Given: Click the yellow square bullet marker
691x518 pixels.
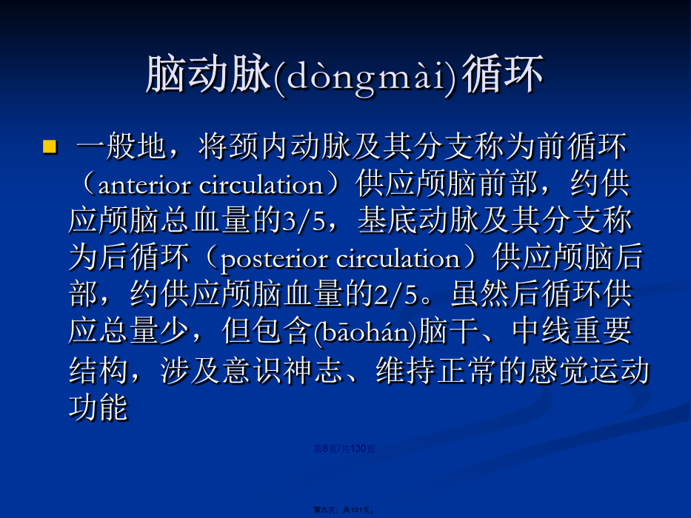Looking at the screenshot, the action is [x=50, y=147].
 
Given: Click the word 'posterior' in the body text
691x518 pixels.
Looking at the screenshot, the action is [x=274, y=260].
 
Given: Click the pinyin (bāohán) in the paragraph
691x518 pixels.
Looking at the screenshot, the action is [x=365, y=333].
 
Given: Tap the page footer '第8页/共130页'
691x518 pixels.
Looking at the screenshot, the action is [x=344, y=448].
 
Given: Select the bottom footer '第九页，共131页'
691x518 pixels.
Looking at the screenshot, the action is [x=344, y=510].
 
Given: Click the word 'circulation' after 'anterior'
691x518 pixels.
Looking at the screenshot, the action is [x=261, y=185].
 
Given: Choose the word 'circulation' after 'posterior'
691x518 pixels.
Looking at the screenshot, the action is [x=398, y=258].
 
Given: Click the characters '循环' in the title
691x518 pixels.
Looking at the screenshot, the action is [x=503, y=75].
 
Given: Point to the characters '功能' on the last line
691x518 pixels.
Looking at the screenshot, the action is [x=99, y=407].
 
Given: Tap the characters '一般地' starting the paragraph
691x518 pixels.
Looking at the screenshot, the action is [x=121, y=147].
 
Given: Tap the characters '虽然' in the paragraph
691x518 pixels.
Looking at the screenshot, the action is [x=480, y=295].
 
